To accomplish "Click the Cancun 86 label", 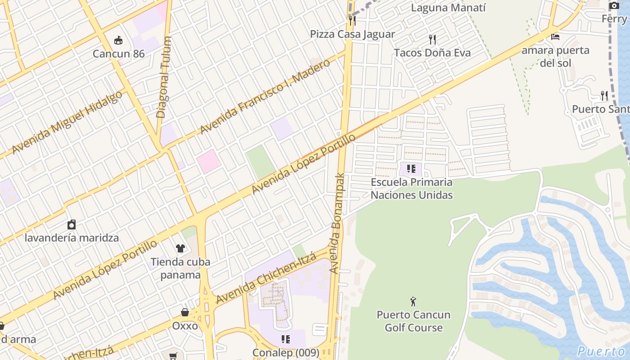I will (118, 54).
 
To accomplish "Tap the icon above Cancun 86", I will (118, 40).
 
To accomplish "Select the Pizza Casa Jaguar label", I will (352, 34).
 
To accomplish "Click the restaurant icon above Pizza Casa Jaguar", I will (352, 21).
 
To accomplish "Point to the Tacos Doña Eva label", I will (432, 53).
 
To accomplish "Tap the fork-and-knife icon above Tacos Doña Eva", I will (432, 40).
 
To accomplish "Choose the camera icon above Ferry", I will (614, 6).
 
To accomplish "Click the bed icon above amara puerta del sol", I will (555, 37).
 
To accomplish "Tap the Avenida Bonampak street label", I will (337, 223).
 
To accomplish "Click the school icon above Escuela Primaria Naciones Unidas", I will (411, 169).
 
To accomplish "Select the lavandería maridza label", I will (72, 238).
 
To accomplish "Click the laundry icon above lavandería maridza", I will (72, 225).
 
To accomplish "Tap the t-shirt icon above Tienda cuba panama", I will (180, 248).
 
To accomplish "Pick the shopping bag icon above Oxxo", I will (185, 312).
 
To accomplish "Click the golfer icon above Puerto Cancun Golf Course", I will (414, 301).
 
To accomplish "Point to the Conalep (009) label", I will (286, 352).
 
